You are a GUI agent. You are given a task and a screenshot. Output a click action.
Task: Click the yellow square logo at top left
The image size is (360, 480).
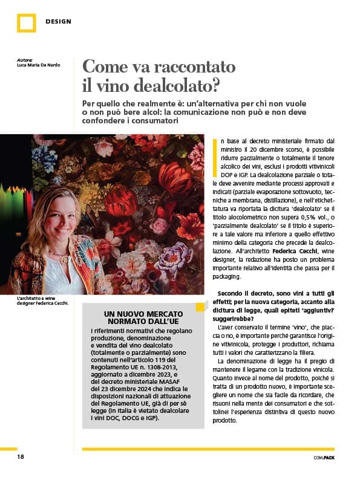pyautogui.click(x=26, y=22)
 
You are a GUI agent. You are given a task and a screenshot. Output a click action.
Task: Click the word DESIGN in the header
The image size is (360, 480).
pyautogui.click(x=58, y=22)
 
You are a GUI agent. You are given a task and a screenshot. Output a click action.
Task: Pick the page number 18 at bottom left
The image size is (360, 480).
pyautogui.click(x=20, y=457)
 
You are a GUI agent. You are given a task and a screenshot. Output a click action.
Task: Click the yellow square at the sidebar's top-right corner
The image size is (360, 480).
pyautogui.click(x=200, y=307)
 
